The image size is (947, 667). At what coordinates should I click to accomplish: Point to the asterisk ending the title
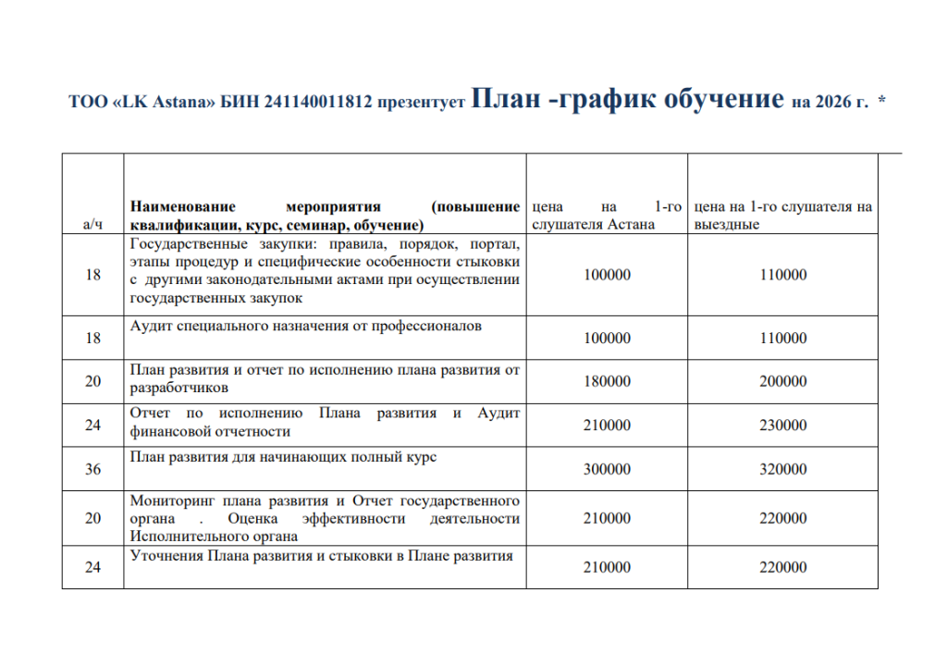(881, 101)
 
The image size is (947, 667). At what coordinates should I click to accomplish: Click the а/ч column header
(92, 225)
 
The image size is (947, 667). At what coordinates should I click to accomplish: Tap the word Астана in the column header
(633, 225)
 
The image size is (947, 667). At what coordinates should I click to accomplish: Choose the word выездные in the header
(727, 225)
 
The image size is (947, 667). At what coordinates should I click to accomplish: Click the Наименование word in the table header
(183, 207)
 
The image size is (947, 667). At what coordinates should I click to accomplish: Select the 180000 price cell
(607, 381)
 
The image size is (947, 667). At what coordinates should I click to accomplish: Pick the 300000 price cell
(607, 469)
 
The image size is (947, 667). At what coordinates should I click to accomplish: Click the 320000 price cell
(782, 469)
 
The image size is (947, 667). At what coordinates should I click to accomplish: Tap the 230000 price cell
(782, 426)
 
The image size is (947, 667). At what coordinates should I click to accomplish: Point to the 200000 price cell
(782, 381)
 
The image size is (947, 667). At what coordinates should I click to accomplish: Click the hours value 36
(92, 469)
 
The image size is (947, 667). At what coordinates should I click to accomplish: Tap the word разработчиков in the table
(179, 389)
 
